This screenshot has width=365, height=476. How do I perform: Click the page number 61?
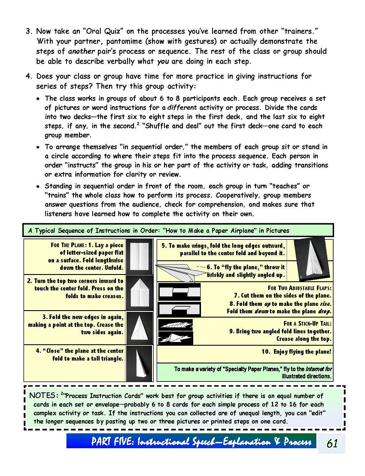coord(332,443)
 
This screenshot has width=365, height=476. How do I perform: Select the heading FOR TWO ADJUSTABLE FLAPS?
coord(299,288)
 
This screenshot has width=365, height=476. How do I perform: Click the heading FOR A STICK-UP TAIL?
coord(307,323)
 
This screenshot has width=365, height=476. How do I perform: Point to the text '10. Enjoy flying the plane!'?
coord(296,352)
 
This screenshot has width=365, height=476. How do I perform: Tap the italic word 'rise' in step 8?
coord(325,303)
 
